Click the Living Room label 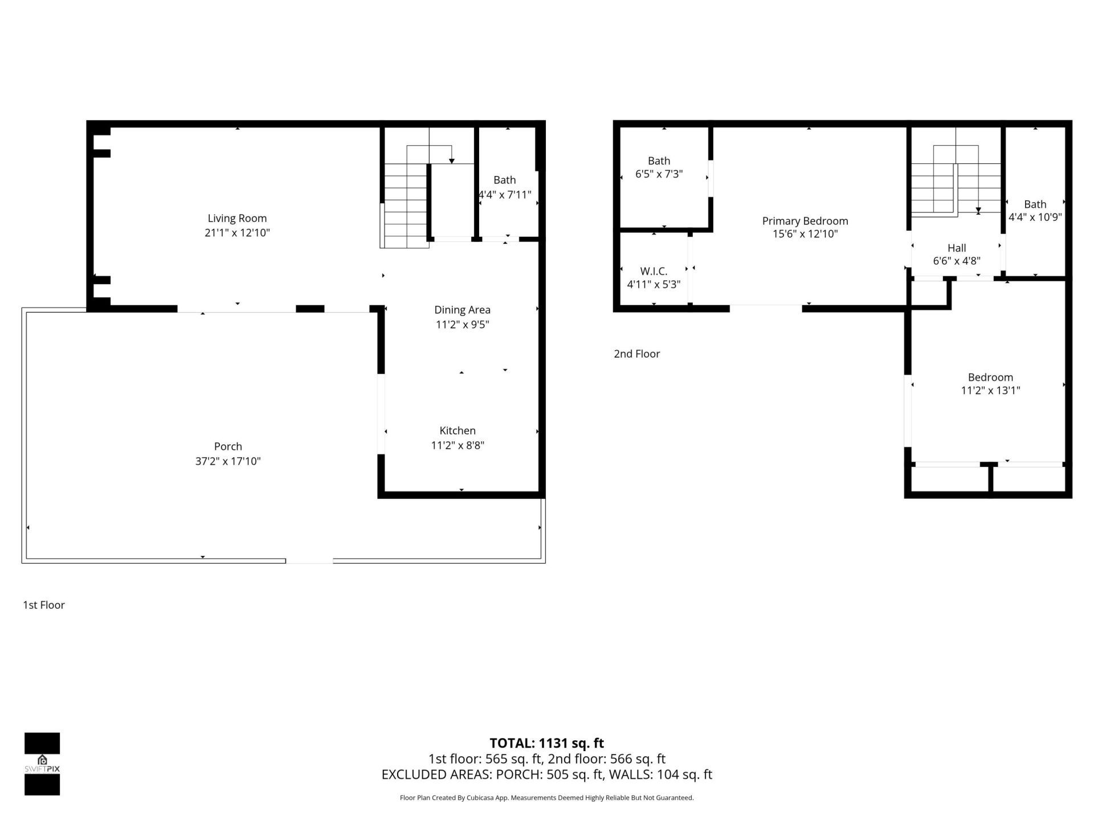click(x=237, y=218)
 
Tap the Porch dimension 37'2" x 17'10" click(x=228, y=461)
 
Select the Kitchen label click(x=457, y=430)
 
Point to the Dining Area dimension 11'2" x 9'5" click(x=462, y=325)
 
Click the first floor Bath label click(x=504, y=180)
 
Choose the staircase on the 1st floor click(x=406, y=205)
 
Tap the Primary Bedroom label click(x=805, y=221)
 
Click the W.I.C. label click(x=654, y=271)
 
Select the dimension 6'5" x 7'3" click(x=659, y=174)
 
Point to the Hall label click(x=956, y=248)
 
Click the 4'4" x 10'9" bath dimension click(x=1035, y=217)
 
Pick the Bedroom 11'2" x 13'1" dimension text click(x=990, y=391)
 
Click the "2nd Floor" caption click(x=636, y=354)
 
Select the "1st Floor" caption click(x=44, y=605)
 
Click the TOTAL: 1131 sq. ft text click(x=546, y=743)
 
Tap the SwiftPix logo click(x=42, y=764)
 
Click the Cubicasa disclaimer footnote click(x=546, y=798)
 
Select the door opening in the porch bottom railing click(x=309, y=561)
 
